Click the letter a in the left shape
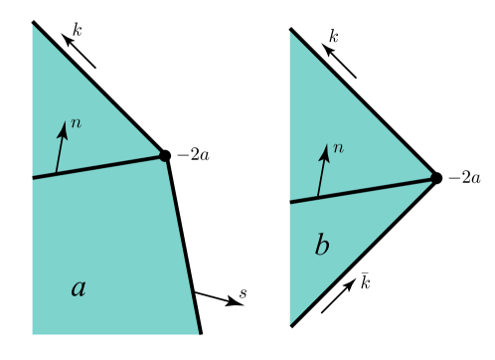(x=79, y=289)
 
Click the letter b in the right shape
(x=321, y=247)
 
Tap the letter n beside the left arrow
(x=77, y=122)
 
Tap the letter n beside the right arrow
(x=338, y=148)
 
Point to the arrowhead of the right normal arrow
(x=325, y=148)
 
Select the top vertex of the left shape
(x=33, y=25)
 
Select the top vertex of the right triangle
(x=290, y=32)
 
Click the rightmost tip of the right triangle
(x=431, y=177)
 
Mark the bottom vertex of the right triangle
(x=290, y=324)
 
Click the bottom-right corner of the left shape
(x=198, y=334)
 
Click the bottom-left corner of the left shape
(x=33, y=334)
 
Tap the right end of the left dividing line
(x=162, y=156)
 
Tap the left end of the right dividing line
(x=290, y=202)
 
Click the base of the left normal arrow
(x=56, y=173)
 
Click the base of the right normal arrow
(x=317, y=196)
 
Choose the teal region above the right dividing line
(x=338, y=119)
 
